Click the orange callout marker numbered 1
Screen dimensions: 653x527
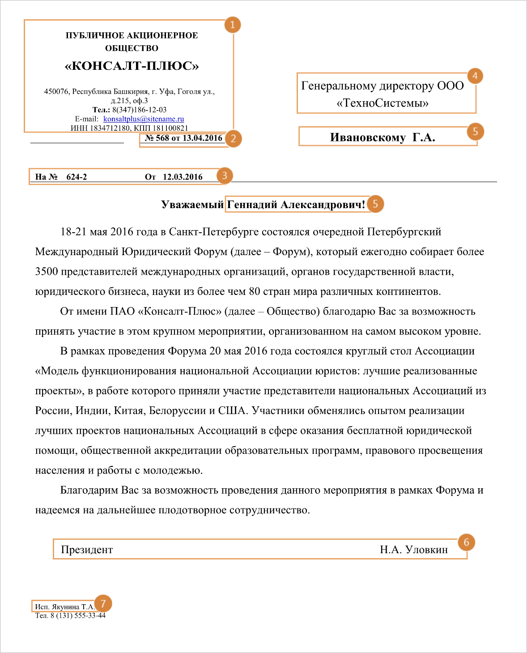232,25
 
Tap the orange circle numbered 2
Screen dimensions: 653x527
233,139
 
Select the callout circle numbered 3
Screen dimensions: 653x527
225,175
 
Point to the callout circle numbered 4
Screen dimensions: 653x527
475,76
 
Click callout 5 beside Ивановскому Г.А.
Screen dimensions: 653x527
475,132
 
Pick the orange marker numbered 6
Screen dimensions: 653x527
466,542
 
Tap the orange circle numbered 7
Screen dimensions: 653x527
103,604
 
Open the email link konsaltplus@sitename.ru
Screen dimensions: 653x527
144,119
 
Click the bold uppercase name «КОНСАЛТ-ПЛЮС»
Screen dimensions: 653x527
132,66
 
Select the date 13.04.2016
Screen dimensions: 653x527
202,138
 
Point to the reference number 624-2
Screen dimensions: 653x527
76,177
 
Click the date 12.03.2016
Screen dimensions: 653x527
183,177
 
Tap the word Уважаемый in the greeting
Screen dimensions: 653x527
192,205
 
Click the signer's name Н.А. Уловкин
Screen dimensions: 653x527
414,550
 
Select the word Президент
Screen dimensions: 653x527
87,550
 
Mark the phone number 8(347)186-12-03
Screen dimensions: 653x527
139,110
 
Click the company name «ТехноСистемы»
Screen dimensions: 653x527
382,103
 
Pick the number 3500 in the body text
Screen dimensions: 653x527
47,272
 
